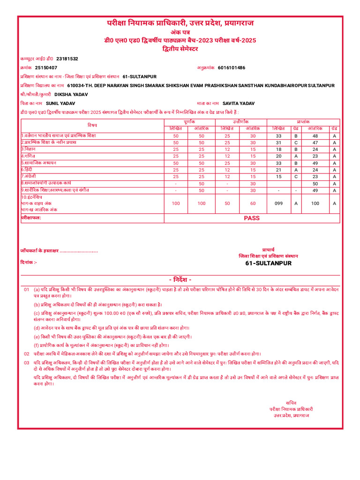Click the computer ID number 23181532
67,59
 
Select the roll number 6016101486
231,67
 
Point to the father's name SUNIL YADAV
60,103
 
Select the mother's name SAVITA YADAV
239,103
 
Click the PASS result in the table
252,218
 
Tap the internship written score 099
278,203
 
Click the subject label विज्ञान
31,149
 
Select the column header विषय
92,125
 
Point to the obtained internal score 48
315,135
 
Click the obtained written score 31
278,142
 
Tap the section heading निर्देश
180,279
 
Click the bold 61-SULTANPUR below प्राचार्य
268,263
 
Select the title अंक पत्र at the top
180,31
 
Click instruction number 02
26,353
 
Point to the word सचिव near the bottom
291,403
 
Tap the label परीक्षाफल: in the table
31,218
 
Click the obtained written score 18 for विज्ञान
278,149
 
